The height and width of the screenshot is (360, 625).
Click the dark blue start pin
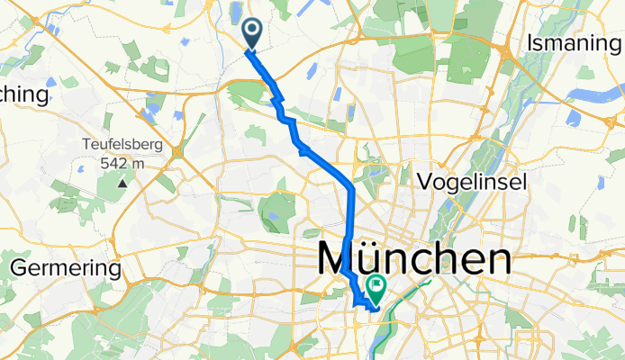point(250,33)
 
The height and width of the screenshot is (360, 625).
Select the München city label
point(415,260)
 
